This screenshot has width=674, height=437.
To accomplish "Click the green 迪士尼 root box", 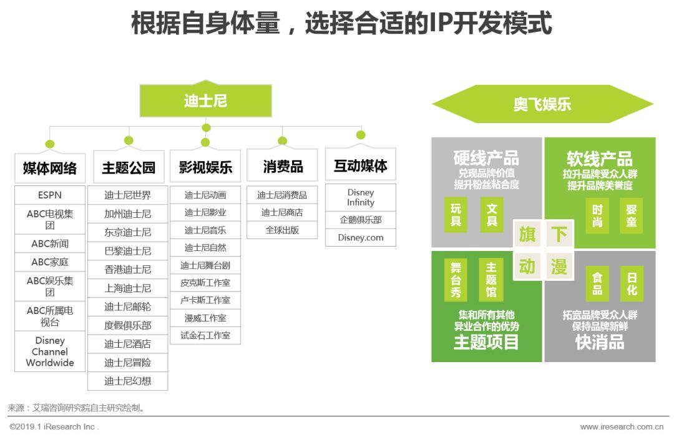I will (x=205, y=101).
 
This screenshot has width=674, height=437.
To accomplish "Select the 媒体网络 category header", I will (x=50, y=168).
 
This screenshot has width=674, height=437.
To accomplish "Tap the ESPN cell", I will (x=50, y=195).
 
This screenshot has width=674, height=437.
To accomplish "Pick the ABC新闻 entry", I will (x=50, y=243).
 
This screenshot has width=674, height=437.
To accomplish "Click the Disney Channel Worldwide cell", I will (x=50, y=351).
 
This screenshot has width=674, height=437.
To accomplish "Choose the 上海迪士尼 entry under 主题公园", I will (x=128, y=288).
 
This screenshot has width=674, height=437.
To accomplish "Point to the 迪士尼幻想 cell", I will (x=128, y=381).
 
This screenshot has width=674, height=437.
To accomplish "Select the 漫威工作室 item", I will (x=205, y=318).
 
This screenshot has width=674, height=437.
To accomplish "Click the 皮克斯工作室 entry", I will (x=205, y=282).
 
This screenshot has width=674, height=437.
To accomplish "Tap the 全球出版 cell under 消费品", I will (x=282, y=230).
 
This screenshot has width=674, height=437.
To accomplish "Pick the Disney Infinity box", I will (x=361, y=197).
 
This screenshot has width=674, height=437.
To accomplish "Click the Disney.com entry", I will (x=361, y=237).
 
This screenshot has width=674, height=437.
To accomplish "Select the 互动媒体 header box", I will (x=361, y=165).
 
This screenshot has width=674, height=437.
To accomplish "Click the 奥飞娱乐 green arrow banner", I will (x=542, y=104).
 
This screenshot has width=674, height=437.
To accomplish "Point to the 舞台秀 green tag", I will (x=456, y=279).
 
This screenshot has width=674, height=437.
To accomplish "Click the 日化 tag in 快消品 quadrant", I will (x=632, y=284).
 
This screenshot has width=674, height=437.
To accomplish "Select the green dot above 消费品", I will (x=282, y=141).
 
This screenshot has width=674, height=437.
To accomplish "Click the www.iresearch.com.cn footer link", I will (x=622, y=427).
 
